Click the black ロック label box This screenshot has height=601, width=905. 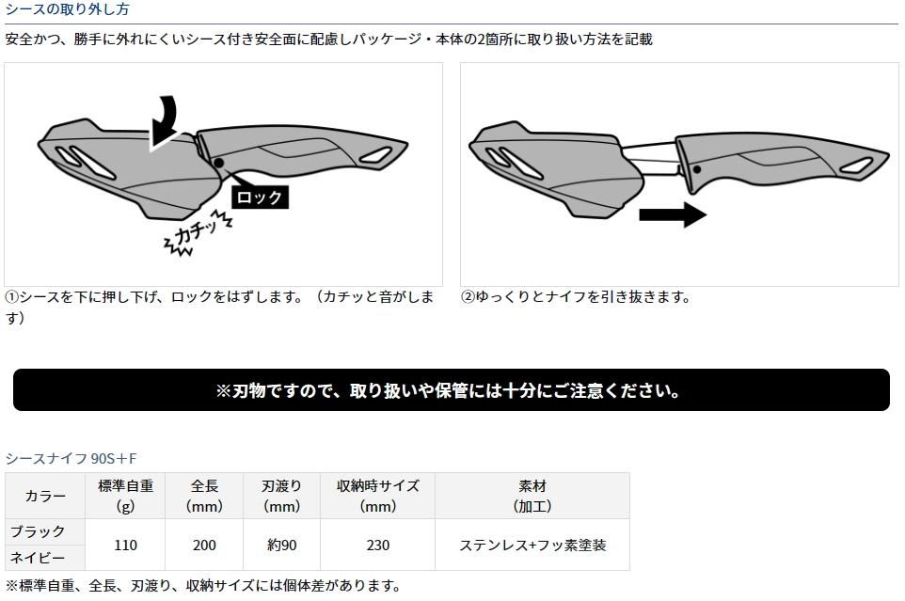coord(260,198)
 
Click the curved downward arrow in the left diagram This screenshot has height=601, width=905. coord(167,120)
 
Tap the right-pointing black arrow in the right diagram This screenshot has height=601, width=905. coord(673,214)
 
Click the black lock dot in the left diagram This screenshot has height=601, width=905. coord(219,164)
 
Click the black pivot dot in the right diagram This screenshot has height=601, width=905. coord(697,169)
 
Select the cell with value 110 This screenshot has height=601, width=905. coord(125,545)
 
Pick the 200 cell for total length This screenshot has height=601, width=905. coord(204,545)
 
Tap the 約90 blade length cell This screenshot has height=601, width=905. coord(281,545)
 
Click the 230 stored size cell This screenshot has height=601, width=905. coord(378,545)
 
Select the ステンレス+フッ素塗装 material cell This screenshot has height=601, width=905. coord(532,545)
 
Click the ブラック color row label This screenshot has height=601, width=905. coord(38,531)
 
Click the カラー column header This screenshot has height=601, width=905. coord(45,496)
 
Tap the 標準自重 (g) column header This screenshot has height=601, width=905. coord(125,496)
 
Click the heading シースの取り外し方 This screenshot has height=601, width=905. coord(67,9)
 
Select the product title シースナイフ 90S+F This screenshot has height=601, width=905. coord(71,459)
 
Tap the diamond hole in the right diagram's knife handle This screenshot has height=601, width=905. coord(856,166)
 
